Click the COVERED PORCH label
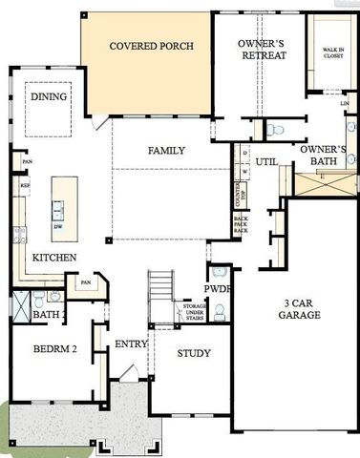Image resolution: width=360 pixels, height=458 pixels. (x=152, y=46)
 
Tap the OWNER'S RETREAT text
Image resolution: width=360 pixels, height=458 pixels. (x=264, y=49)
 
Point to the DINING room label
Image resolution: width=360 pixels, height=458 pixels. (x=48, y=97)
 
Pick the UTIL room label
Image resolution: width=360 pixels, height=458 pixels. (x=266, y=162)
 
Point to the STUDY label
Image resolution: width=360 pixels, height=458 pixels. (x=194, y=353)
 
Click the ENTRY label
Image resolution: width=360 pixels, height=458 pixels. (x=130, y=344)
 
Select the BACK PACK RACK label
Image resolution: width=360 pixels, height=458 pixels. (x=241, y=225)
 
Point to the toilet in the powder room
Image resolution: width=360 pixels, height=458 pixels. (x=219, y=311)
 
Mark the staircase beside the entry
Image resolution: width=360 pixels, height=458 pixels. (x=161, y=286)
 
